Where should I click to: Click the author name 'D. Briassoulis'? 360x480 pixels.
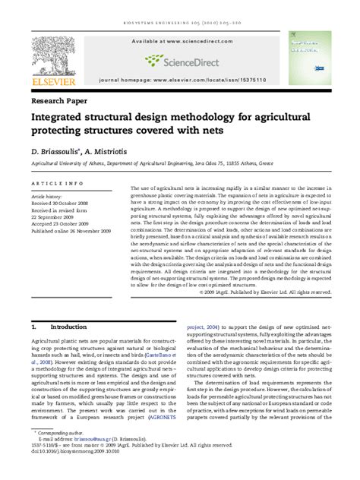(55, 151)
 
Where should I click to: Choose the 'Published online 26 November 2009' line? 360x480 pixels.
(71, 229)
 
